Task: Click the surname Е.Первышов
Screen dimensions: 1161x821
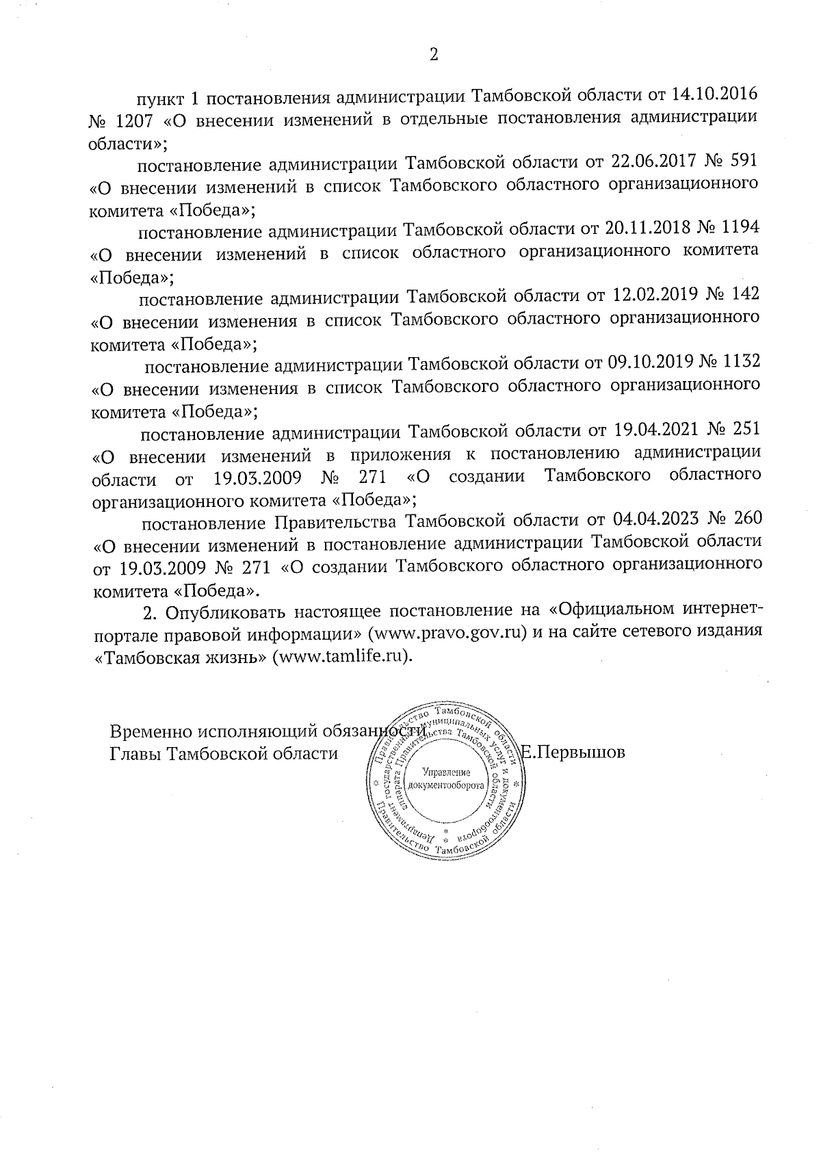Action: point(573,753)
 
